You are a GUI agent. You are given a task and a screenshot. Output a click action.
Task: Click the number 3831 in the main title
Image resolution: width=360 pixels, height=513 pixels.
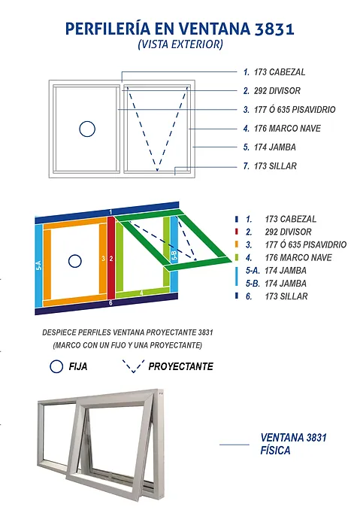click(268, 29)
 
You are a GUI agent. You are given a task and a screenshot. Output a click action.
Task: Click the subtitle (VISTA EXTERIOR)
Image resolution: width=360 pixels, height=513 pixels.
click(180, 45)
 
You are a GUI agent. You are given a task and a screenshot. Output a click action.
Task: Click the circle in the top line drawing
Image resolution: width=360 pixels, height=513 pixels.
click(87, 129)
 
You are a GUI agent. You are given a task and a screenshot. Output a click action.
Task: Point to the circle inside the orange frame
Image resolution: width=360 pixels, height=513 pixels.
click(74, 261)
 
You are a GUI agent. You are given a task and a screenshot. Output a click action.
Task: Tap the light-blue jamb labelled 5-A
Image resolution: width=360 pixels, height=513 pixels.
click(38, 265)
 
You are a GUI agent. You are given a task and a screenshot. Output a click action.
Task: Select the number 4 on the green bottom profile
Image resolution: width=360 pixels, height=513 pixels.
click(141, 292)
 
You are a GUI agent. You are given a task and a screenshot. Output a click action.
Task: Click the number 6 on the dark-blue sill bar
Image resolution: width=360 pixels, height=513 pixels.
click(110, 302)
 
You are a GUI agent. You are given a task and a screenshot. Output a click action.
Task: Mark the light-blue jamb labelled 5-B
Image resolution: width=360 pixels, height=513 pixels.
click(174, 256)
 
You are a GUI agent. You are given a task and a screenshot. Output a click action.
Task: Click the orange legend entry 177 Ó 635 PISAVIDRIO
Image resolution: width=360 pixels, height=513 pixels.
click(305, 244)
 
